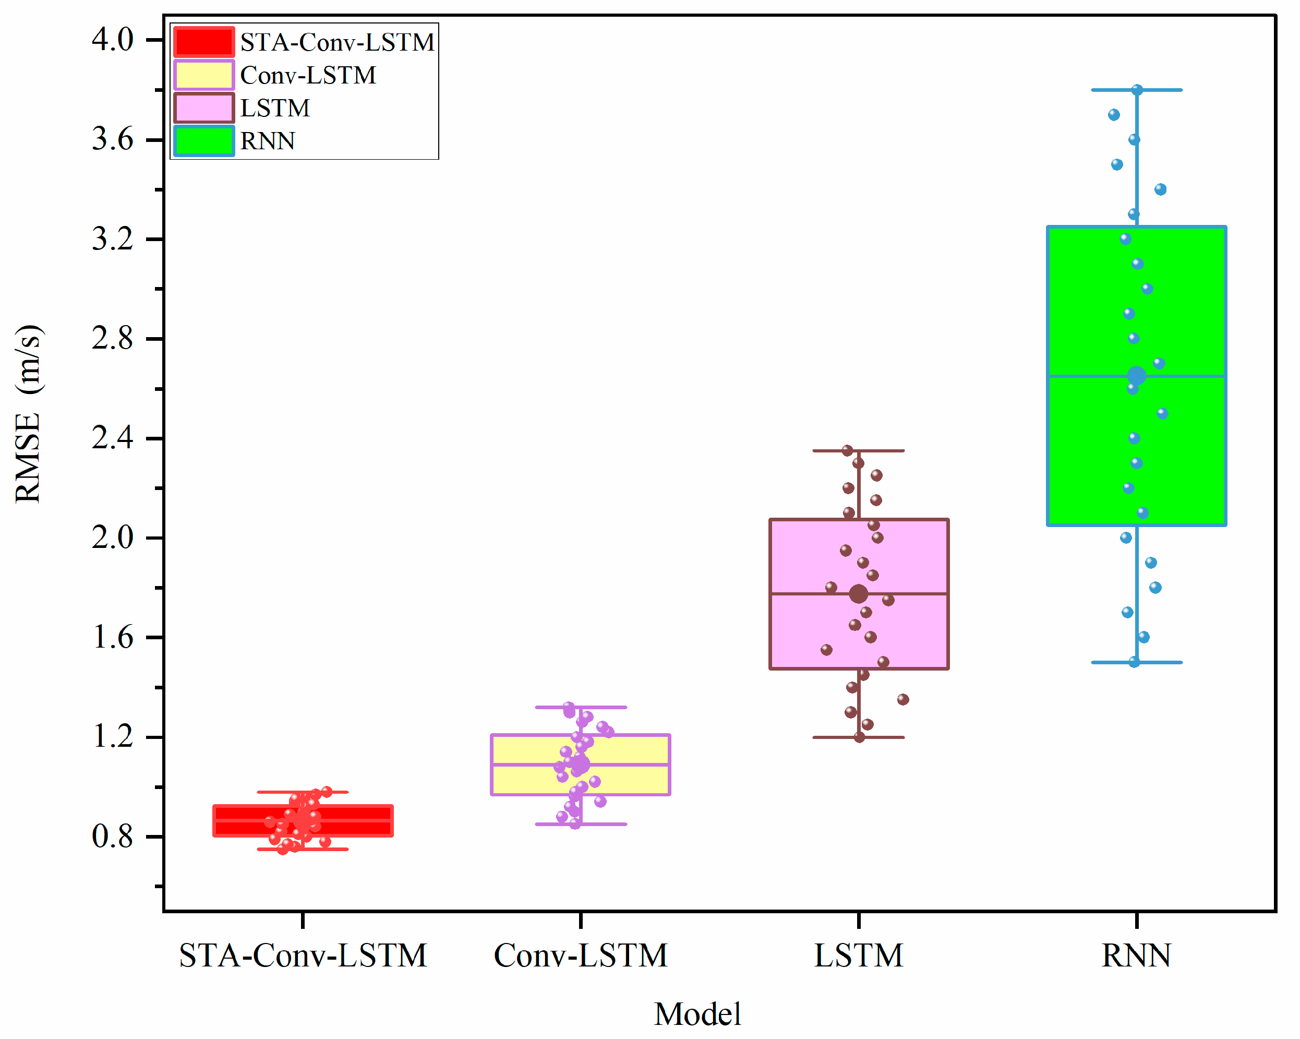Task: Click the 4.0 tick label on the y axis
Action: [112, 40]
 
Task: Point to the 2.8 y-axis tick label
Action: [112, 339]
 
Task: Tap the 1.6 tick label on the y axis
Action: [112, 637]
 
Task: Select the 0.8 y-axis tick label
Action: [112, 837]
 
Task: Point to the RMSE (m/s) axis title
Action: [28, 414]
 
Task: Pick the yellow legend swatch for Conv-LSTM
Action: [204, 75]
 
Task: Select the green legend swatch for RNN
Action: [204, 141]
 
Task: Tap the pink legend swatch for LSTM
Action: [204, 108]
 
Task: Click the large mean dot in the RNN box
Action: [1137, 376]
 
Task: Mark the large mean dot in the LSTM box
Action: [859, 594]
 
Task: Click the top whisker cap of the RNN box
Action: [1137, 90]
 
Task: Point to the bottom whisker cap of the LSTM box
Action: [859, 737]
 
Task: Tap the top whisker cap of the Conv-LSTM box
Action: [581, 707]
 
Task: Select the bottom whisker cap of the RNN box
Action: [1137, 663]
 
